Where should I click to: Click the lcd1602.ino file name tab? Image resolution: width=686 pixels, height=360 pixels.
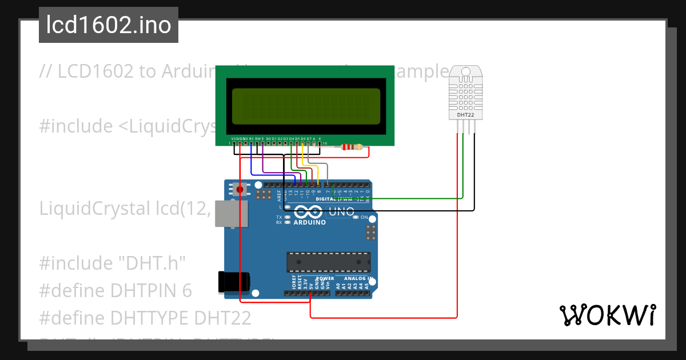(x=109, y=25)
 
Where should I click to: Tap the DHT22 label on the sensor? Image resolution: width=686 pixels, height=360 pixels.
(x=465, y=115)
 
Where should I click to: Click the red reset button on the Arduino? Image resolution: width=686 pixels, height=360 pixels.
(x=240, y=189)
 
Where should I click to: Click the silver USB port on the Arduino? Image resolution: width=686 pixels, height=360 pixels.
(x=232, y=214)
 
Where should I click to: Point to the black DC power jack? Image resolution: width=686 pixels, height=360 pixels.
(x=234, y=282)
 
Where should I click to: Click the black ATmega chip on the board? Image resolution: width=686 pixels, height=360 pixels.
(x=328, y=262)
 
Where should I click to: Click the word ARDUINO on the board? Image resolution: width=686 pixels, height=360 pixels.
(x=309, y=222)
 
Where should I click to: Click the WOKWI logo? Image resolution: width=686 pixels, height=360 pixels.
(x=607, y=315)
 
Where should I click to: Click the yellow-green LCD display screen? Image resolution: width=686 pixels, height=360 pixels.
(x=306, y=107)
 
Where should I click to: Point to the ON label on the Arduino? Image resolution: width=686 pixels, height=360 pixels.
(x=364, y=217)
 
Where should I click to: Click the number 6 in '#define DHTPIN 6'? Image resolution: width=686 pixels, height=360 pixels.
(x=187, y=290)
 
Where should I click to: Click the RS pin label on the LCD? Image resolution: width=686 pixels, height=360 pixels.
(x=252, y=139)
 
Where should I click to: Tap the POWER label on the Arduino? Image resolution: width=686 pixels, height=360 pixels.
(x=325, y=279)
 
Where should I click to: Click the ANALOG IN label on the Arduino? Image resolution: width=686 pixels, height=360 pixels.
(x=359, y=279)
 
